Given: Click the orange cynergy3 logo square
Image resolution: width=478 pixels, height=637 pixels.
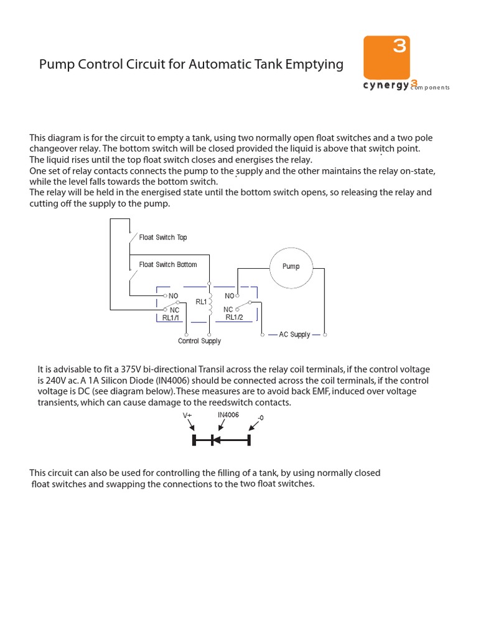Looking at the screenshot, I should pyautogui.click(x=386, y=57).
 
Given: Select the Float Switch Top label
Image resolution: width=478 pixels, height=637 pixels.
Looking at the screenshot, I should pyautogui.click(x=162, y=238).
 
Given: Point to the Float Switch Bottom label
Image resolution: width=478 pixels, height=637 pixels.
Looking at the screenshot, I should pyautogui.click(x=167, y=265).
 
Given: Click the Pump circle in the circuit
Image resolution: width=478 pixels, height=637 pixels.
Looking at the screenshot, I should pyautogui.click(x=291, y=266).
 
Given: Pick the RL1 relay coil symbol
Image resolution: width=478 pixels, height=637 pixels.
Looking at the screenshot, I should pyautogui.click(x=210, y=302).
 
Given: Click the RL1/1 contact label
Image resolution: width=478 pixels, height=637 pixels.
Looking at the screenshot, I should pyautogui.click(x=171, y=317).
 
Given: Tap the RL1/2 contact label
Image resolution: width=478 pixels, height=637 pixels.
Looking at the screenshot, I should pyautogui.click(x=234, y=317).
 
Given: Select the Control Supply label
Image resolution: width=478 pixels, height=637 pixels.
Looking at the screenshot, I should pyautogui.click(x=199, y=341).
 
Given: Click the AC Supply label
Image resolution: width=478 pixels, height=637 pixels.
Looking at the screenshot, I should pyautogui.click(x=294, y=335).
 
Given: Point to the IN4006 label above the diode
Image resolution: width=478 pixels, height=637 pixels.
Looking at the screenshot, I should pyautogui.click(x=228, y=414).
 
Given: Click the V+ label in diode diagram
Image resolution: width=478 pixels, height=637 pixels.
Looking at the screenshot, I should pyautogui.click(x=187, y=415).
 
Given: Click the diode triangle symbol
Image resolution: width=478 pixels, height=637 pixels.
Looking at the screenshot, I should pyautogui.click(x=215, y=440).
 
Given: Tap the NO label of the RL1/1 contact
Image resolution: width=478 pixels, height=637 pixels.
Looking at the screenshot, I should pyautogui.click(x=174, y=296).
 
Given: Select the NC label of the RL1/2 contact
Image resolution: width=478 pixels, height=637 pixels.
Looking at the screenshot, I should pyautogui.click(x=228, y=309).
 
